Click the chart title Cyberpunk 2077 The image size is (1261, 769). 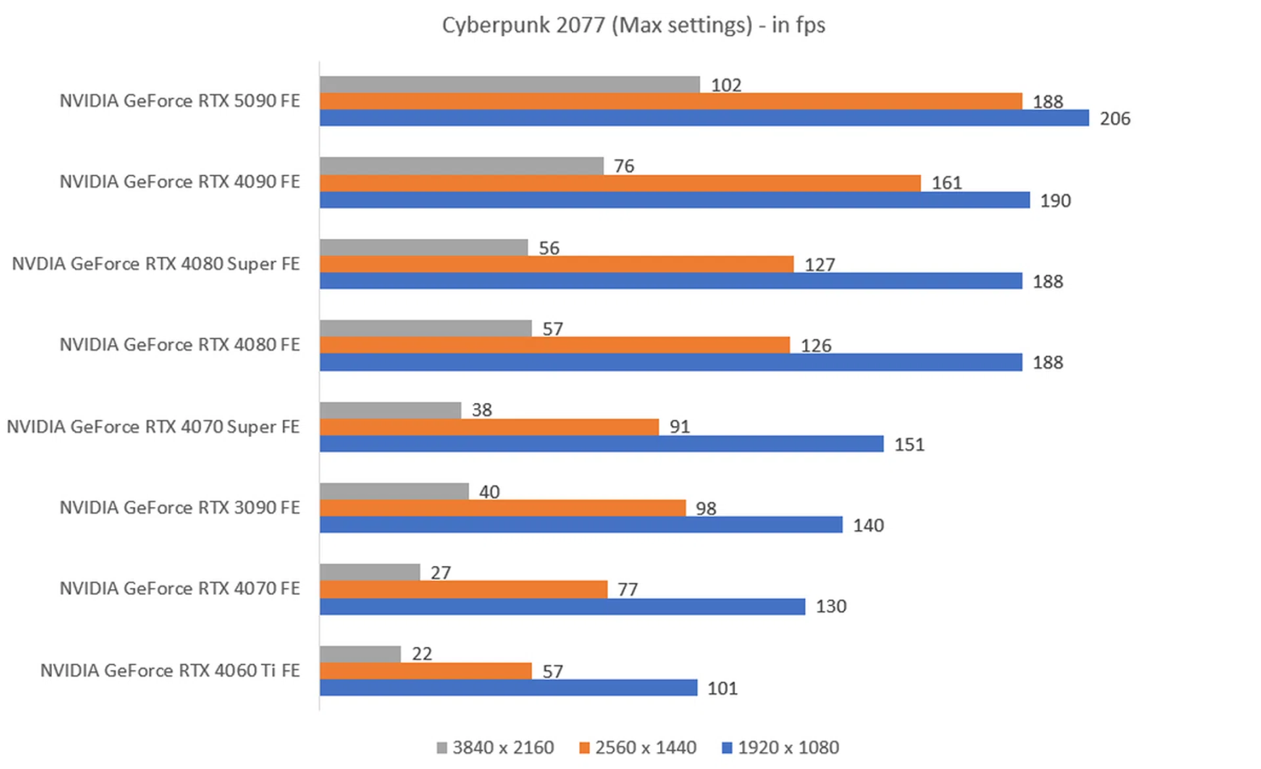coord(633,25)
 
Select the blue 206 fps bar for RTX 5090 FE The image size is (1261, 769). coord(703,118)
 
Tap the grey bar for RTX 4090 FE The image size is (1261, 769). coord(461,166)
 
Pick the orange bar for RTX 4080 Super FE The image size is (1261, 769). coord(556,264)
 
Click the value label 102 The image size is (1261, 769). coord(726,85)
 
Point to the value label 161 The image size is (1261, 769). coord(946,183)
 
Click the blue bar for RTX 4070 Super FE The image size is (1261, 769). coord(601,444)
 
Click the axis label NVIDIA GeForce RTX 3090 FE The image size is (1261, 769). coord(179,507)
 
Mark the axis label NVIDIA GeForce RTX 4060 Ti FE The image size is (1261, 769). coord(169,670)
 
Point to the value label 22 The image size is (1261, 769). coord(422,654)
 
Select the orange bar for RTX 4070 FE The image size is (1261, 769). coord(463,590)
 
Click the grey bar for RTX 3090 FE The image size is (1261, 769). coord(394,491)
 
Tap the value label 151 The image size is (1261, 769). coord(909,445)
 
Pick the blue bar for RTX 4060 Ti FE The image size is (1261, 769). coord(508,687)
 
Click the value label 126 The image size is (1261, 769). coord(816,346)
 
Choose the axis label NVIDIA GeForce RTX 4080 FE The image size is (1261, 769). coord(179,344)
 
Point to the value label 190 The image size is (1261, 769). coord(1055,201)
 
